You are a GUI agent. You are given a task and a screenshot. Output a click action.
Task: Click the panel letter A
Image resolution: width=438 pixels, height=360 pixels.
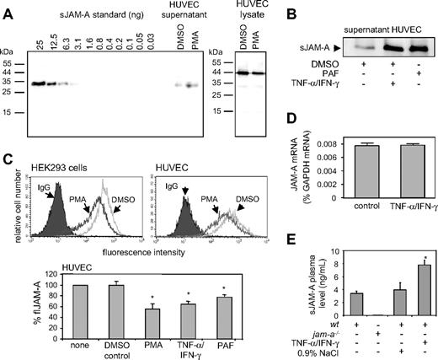(7, 8)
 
